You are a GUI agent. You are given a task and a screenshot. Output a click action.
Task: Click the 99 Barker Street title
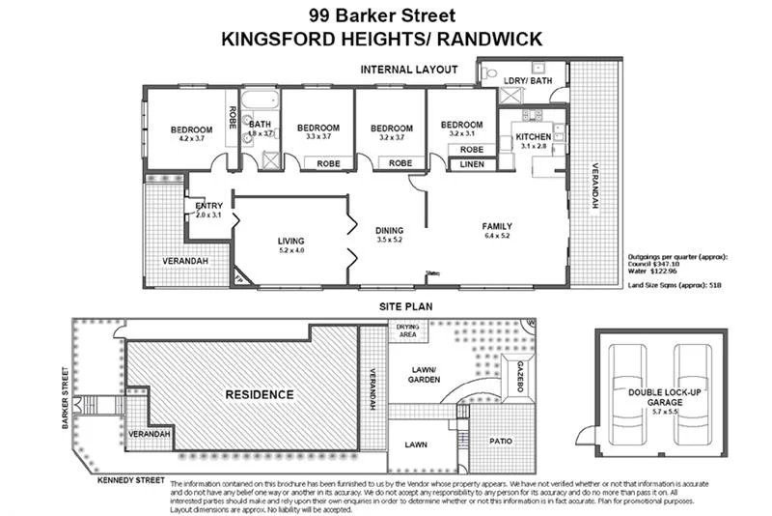385,14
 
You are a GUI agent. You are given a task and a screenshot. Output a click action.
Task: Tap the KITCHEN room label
533,138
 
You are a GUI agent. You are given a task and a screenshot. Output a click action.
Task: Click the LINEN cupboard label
473,165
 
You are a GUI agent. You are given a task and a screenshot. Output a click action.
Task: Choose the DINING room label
389,230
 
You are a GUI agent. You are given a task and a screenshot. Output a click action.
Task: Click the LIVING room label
290,241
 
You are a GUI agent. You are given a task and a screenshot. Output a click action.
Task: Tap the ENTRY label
208,206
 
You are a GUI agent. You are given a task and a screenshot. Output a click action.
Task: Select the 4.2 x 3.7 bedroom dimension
191,139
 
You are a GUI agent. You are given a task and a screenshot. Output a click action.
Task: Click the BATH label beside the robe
260,125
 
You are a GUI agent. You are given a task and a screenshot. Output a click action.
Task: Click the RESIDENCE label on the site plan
232,394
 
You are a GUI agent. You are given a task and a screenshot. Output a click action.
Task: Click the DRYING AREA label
407,331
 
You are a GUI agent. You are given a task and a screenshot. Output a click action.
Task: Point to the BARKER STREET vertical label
66,397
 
